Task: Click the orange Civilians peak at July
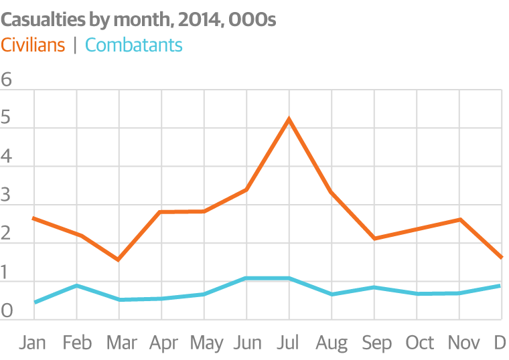pos(289,120)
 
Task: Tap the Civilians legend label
pos(33,46)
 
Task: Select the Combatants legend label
pos(134,46)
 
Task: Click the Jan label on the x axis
pos(33,343)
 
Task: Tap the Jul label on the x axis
pos(289,343)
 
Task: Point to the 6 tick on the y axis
pos(7,80)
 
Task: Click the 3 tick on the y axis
pos(7,196)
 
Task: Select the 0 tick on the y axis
pos(7,311)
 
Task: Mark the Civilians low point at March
pos(119,259)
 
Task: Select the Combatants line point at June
pos(246,278)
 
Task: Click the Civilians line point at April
pos(161,211)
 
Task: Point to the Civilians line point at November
pos(459,219)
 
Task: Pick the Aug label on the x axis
pos(332,343)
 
